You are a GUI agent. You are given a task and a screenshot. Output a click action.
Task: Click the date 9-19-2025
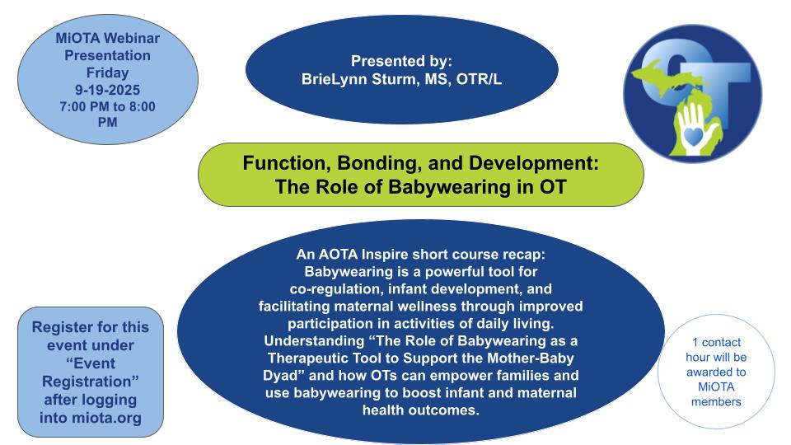tap(107, 90)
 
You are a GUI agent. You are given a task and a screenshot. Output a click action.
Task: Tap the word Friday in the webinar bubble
tap(107, 73)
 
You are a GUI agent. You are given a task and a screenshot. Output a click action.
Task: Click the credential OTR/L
tap(479, 79)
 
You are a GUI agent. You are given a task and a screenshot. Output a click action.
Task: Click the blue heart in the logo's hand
tap(694, 136)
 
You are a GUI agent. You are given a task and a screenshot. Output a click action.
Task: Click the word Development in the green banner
tap(534, 164)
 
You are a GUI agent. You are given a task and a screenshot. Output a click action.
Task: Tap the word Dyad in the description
tap(280, 376)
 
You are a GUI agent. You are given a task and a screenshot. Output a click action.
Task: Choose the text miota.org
tap(106, 419)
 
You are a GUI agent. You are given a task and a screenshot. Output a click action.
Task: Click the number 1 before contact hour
tap(695, 343)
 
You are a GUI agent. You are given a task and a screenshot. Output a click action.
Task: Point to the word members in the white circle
tap(716, 402)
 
